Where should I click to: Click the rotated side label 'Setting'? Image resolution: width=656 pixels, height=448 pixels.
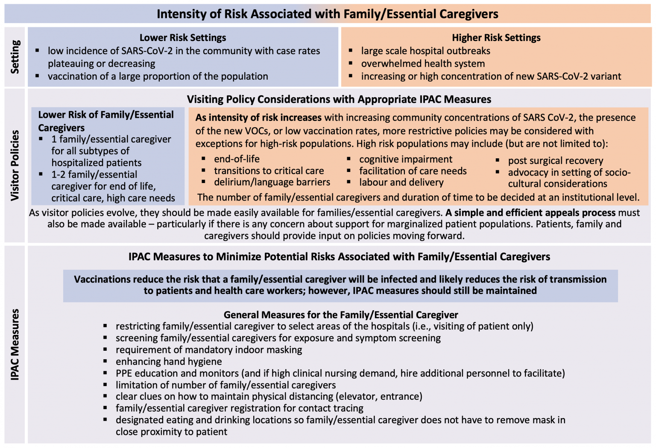click(15, 57)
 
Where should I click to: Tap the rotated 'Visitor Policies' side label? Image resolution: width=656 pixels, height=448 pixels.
click(15, 165)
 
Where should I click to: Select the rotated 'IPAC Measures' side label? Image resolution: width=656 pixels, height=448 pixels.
click(15, 344)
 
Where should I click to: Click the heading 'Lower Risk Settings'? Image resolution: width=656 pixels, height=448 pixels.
click(183, 38)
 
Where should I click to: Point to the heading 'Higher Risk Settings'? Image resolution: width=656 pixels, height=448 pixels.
click(496, 38)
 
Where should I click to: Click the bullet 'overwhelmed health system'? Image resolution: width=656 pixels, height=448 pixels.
click(423, 64)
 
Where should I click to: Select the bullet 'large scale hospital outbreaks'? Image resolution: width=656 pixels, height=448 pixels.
click(425, 51)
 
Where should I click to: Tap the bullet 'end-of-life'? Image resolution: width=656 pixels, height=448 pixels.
click(237, 159)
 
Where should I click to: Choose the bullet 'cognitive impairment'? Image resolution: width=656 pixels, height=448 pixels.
click(405, 159)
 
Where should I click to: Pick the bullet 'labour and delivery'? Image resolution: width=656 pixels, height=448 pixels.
click(401, 182)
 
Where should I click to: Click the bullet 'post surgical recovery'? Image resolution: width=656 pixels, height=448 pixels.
click(555, 160)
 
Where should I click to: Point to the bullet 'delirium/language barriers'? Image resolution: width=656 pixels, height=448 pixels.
click(272, 182)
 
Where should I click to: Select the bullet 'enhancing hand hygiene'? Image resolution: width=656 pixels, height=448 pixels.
click(169, 361)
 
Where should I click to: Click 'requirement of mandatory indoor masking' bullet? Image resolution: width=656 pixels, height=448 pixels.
click(208, 350)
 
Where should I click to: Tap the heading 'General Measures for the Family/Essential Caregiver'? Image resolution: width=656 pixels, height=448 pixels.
click(340, 315)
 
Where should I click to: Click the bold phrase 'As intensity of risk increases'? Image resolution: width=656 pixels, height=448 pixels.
click(258, 117)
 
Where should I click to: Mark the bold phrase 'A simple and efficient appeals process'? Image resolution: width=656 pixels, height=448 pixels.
click(530, 212)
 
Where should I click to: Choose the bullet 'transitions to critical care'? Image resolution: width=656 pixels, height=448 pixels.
click(269, 171)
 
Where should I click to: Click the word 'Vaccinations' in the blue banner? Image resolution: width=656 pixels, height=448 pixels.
click(102, 279)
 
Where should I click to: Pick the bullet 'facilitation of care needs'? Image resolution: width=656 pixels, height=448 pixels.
click(413, 171)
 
